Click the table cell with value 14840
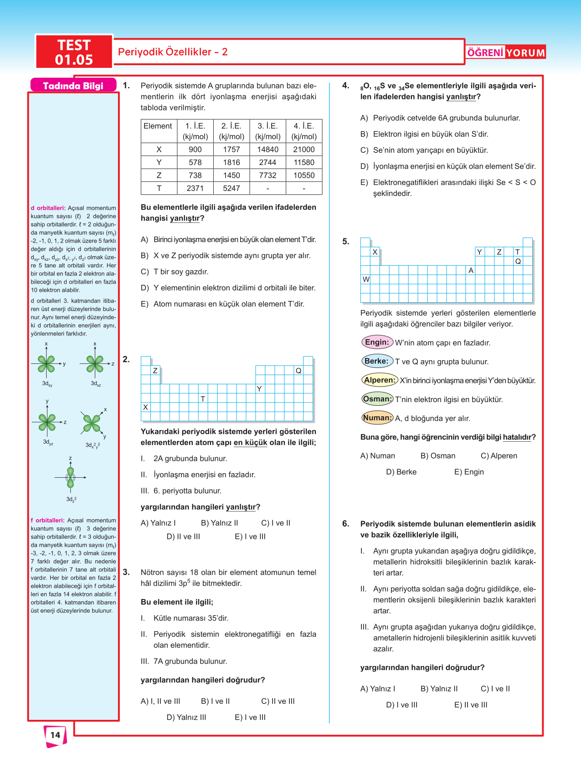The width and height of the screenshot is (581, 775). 267,150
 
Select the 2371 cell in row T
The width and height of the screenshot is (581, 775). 195,188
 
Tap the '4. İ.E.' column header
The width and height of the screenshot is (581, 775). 304,131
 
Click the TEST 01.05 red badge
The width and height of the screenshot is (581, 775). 74,52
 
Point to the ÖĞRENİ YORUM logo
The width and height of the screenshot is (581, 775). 506,52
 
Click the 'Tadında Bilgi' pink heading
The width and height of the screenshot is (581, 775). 73,86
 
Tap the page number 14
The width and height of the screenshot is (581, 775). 55,735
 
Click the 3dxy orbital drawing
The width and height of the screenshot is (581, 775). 46,364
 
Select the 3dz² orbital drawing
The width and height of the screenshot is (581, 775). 70,477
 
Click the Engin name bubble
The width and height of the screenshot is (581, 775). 377,342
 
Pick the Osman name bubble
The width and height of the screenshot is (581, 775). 377,399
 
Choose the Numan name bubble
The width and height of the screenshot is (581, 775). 377,418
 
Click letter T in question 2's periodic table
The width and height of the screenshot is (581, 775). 203,399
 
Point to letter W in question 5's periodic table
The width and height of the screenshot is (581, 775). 365,279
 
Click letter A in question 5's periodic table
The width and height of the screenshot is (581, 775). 471,270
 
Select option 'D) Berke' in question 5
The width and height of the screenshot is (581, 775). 401,472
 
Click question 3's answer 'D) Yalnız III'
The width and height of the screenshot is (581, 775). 186,717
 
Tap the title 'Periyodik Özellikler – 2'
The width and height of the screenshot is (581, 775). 173,52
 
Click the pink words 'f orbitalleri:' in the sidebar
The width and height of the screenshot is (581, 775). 48,520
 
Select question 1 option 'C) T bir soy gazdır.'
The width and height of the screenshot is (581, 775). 175,272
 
